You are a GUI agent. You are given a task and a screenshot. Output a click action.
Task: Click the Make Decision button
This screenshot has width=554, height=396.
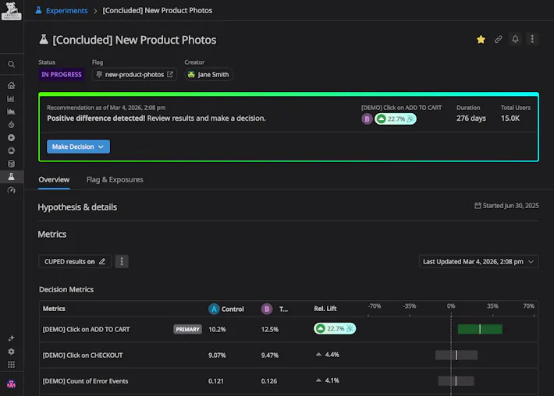[78, 147]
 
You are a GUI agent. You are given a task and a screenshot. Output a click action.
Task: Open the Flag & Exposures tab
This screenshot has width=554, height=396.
[115, 179]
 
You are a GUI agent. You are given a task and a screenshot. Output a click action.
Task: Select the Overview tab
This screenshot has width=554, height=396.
[54, 179]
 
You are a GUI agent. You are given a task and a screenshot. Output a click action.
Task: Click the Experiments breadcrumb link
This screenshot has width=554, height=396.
[66, 11]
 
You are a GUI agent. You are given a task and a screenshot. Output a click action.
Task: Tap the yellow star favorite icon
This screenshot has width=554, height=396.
[481, 40]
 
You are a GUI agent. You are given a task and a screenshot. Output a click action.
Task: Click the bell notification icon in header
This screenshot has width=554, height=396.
[515, 40]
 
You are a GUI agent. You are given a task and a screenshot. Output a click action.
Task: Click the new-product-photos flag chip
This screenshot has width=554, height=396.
[134, 75]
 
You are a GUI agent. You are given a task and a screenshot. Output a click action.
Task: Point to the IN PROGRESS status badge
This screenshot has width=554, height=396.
[62, 75]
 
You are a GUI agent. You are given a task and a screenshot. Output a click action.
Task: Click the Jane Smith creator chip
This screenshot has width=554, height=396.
[208, 75]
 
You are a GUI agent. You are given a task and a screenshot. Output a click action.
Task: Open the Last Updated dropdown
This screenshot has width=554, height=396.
[478, 262]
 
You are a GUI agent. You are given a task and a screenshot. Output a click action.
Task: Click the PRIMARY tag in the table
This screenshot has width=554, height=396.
[187, 330]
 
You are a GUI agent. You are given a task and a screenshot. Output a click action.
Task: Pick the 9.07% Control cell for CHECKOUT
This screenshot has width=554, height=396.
[218, 355]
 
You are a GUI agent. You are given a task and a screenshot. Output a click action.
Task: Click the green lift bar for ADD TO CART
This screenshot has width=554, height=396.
[479, 330]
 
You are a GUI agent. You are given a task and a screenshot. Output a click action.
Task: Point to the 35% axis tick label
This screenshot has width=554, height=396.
[492, 306]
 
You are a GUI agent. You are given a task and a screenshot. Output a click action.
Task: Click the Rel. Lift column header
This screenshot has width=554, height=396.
[325, 309]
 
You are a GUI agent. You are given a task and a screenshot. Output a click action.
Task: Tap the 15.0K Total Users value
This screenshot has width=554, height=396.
[510, 118]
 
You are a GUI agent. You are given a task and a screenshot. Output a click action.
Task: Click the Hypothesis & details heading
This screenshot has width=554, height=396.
[77, 207]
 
